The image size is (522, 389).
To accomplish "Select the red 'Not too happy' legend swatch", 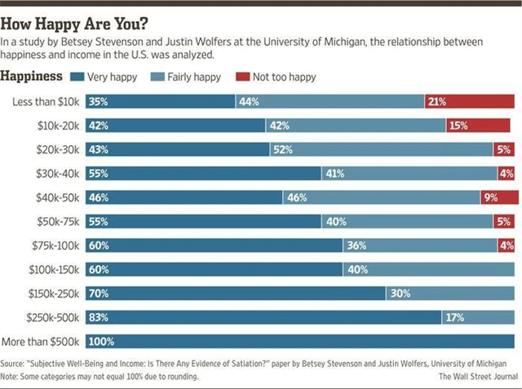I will pyautogui.click(x=242, y=77).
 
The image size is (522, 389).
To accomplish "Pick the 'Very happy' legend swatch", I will pyautogui.click(x=77, y=77).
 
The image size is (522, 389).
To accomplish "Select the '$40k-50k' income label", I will pyautogui.click(x=60, y=197).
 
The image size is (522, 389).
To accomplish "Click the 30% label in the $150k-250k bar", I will pyautogui.click(x=399, y=294).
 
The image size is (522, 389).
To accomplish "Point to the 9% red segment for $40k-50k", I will pyautogui.click(x=499, y=197).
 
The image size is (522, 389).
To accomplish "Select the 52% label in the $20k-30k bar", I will pyautogui.click(x=282, y=150).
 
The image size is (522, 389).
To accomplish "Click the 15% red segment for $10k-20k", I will pyautogui.click(x=481, y=126).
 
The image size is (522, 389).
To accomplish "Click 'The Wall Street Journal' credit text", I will pyautogui.click(x=477, y=377).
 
